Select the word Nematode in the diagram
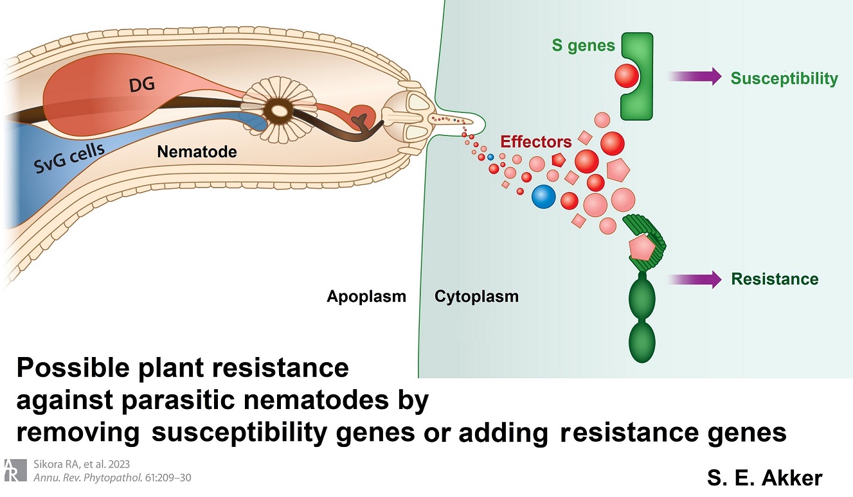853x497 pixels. coord(197,152)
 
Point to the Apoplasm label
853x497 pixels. coord(366,297)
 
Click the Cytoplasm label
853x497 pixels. coord(476,297)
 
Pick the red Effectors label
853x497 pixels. coord(536,141)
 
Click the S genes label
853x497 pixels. coord(583,46)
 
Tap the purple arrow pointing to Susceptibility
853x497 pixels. coord(695,76)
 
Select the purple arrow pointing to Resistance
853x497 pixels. coord(695,279)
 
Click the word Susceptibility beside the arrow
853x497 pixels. coord(784,78)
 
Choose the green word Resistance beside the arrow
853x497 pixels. coord(775,279)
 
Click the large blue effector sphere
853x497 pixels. coord(543,196)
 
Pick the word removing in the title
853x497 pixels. coord(77,433)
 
